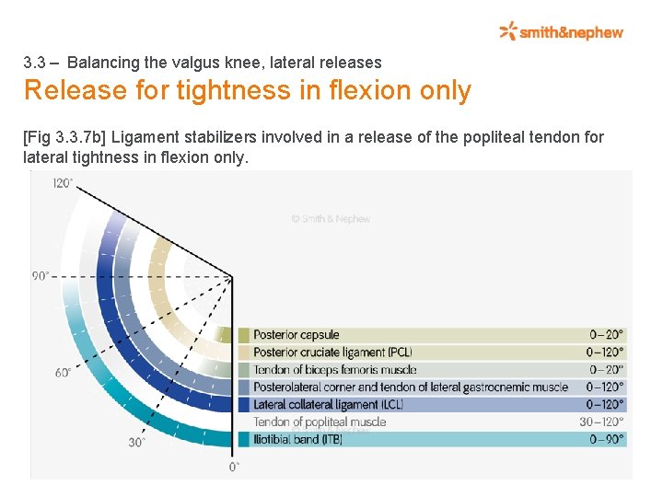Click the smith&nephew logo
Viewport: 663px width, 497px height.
[561, 32]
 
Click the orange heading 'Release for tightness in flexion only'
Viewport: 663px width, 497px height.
[247, 91]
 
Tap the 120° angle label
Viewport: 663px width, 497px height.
[63, 183]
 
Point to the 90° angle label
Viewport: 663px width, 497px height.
[41, 275]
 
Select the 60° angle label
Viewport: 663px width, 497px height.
[64, 373]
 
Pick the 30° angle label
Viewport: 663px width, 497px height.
[137, 442]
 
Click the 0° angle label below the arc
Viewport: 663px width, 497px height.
[235, 468]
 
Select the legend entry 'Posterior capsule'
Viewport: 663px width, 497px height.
[297, 335]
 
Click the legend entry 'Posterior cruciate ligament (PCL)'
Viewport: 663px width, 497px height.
[332, 352]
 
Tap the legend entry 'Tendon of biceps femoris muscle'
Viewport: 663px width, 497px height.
[335, 369]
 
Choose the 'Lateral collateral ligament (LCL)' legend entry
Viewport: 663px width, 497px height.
[328, 404]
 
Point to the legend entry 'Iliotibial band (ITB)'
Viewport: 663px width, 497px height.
[299, 439]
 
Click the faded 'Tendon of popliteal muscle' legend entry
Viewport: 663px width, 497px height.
[320, 422]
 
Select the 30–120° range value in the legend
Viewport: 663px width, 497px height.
[601, 422]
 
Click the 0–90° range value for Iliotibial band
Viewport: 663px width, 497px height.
[606, 439]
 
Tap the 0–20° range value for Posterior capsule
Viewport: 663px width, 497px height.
[606, 335]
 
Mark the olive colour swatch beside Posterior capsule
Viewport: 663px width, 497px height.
[244, 335]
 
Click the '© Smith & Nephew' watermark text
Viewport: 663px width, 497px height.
[331, 219]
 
